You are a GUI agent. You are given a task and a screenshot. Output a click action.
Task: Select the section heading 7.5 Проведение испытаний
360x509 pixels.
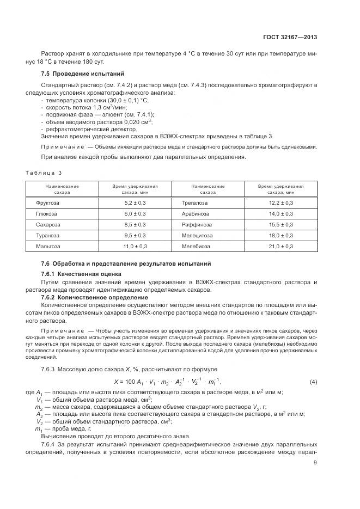point(83,73)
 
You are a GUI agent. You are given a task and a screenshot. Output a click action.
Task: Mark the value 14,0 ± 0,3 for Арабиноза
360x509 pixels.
point(280,213)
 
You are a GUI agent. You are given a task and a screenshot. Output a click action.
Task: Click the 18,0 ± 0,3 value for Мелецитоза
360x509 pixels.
point(280,235)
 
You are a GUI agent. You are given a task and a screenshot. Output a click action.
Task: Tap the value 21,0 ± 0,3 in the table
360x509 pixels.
point(280,246)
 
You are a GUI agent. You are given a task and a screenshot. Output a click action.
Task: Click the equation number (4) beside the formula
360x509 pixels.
point(313,382)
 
